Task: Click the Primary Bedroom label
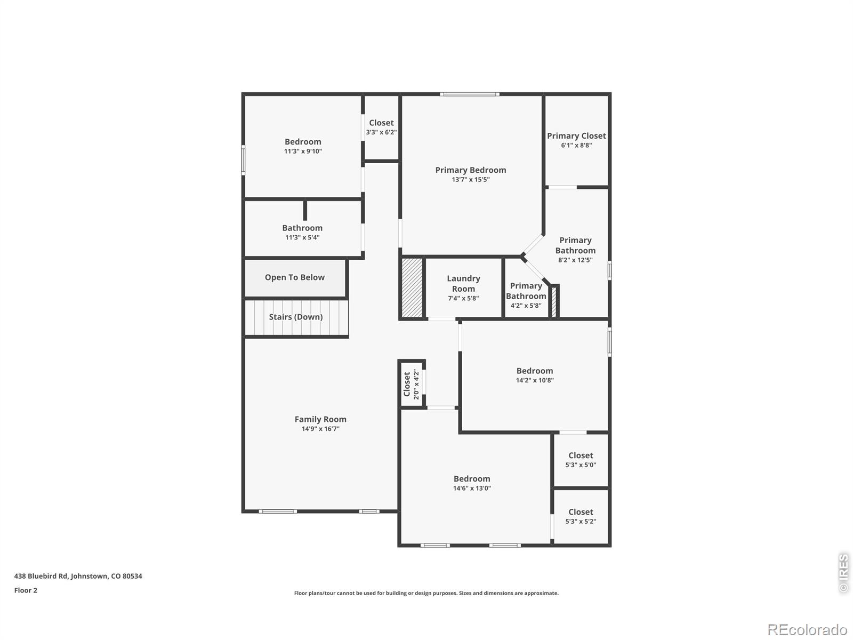[x=470, y=170]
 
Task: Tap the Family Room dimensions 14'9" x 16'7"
[x=320, y=429]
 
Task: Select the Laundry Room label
[x=463, y=283]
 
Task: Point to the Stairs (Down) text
[x=295, y=317]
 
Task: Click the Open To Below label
[x=294, y=277]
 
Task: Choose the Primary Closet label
[x=576, y=136]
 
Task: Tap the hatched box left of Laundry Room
[x=412, y=288]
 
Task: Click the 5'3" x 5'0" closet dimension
[x=581, y=465]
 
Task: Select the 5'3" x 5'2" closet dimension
[x=581, y=522]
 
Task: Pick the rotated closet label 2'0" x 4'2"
[x=412, y=384]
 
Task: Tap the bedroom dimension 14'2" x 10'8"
[x=535, y=380]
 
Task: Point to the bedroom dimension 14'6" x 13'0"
[x=472, y=488]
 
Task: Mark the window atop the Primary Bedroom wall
[x=470, y=94]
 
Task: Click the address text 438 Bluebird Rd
[x=78, y=576]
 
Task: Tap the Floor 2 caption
[x=26, y=590]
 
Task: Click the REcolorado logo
[x=807, y=629]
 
